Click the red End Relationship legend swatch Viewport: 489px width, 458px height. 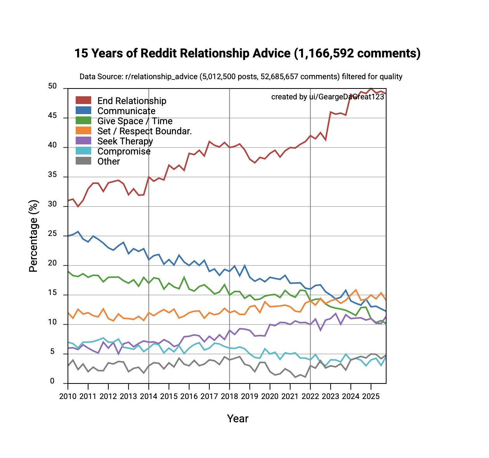tap(83, 101)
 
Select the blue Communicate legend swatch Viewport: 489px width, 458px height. tap(83, 111)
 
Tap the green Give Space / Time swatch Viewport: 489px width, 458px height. tap(83, 121)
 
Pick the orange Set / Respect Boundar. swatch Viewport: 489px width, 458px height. tap(83, 131)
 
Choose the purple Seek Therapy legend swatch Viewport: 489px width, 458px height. tap(83, 141)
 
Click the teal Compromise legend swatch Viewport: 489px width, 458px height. tap(83, 151)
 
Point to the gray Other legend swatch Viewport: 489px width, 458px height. tap(83, 161)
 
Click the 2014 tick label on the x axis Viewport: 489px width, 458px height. tap(149, 396)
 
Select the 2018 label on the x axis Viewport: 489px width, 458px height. tap(229, 396)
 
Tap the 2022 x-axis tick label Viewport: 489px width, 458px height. tap(310, 396)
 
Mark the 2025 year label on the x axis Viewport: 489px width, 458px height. tap(371, 396)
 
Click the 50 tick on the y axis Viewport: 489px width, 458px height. tap(52, 87)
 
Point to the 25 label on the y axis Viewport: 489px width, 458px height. tap(52, 234)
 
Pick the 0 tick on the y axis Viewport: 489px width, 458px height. tap(52, 382)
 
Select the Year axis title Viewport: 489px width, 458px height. tap(238, 418)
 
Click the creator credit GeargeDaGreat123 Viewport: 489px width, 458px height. tap(351, 97)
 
